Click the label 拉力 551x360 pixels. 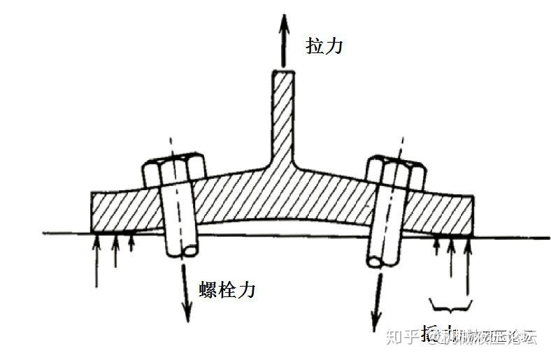point(326,46)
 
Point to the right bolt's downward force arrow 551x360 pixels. point(377,294)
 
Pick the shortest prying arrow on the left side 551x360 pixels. point(130,243)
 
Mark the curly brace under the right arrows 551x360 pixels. point(452,305)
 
